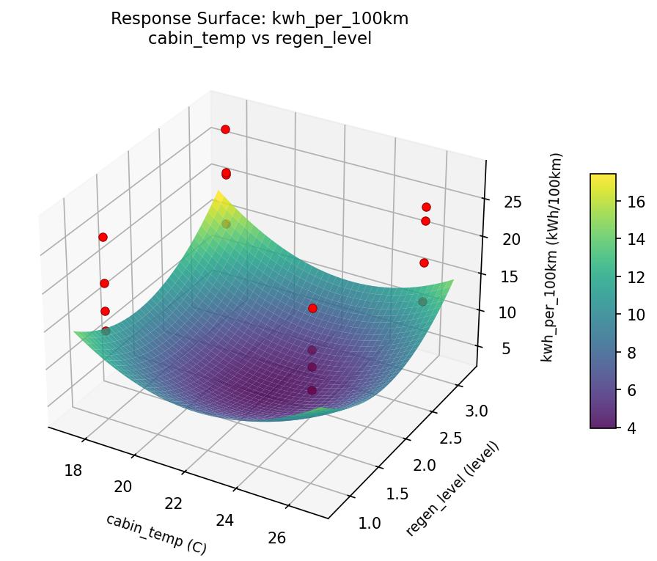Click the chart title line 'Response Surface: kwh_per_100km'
point(260,19)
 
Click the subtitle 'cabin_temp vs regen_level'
point(260,39)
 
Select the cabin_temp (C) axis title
point(155,533)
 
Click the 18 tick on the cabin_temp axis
point(73,470)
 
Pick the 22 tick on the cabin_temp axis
point(174,503)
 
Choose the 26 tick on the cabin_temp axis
point(277,538)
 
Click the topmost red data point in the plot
point(225,129)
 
